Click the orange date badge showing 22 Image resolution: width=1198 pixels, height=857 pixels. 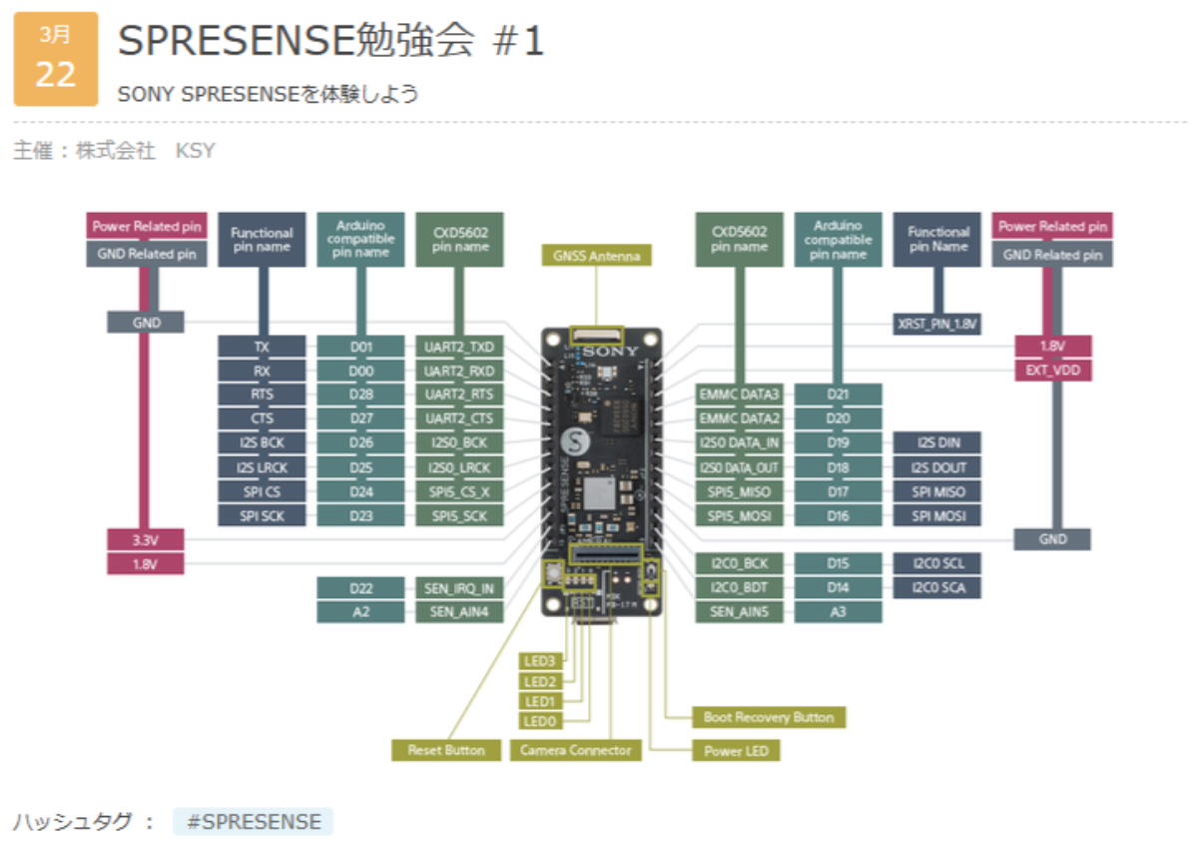coord(56,59)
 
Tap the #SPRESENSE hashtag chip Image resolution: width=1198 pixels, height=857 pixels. coord(252,822)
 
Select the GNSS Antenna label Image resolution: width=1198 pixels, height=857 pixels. coord(596,256)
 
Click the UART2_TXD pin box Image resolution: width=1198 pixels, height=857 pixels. coord(459,347)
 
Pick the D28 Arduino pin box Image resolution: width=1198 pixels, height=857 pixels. coord(361,395)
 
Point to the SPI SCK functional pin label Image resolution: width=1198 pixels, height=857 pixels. coord(262,515)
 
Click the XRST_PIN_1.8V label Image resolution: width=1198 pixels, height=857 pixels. coord(937,324)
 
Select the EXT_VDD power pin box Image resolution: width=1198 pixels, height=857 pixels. coord(1052,371)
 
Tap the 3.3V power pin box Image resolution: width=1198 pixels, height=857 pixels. coord(145,540)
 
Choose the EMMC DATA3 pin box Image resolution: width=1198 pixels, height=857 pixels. coord(739,395)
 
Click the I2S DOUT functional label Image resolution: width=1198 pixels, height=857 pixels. coord(937,467)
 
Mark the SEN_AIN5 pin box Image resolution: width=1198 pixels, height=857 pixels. coord(739,611)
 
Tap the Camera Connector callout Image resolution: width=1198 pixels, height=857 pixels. coord(576,749)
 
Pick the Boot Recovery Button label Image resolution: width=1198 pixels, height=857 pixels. coord(769,717)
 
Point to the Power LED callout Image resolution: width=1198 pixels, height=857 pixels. coord(736,750)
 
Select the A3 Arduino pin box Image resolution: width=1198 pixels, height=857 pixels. coord(838,611)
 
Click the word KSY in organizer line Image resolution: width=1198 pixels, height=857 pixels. coord(196,151)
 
